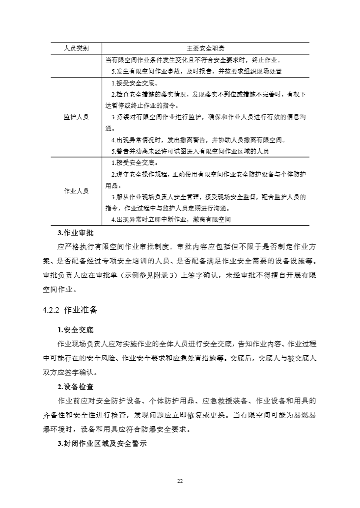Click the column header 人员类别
point(76,49)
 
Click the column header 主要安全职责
point(206,49)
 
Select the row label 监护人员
point(76,117)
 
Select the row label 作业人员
point(76,191)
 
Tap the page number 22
point(180,480)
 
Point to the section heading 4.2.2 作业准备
point(70,310)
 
